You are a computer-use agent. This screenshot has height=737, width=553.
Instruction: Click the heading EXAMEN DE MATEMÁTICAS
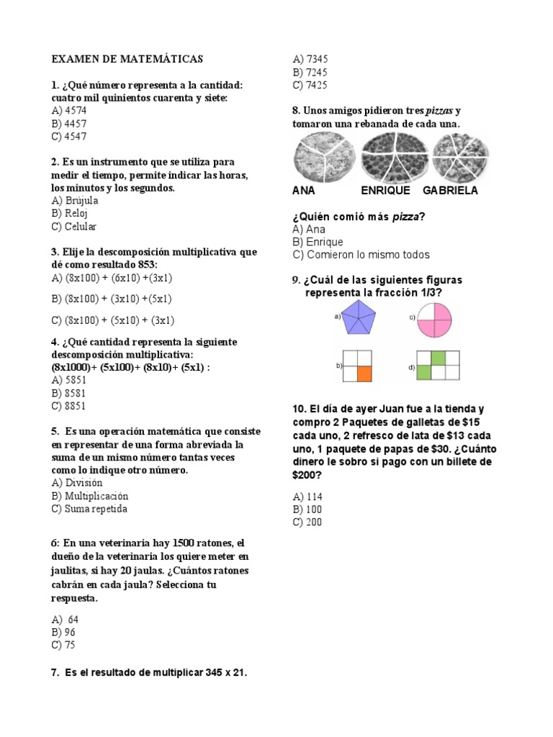127,59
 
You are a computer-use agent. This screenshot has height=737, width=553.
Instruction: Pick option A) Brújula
75,201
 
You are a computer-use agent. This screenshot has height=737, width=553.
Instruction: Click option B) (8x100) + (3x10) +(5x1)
112,299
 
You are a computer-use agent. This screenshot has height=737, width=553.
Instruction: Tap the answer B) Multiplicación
90,496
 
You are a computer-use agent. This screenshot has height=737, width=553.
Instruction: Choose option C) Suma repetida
89,509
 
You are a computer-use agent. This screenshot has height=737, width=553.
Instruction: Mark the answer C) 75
63,645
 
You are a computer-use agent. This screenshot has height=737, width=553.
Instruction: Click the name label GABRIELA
450,191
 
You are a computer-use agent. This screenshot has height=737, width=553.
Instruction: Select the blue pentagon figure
364,317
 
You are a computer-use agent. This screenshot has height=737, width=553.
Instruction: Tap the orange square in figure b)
364,373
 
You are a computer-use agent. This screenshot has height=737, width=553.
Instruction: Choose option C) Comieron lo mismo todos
361,255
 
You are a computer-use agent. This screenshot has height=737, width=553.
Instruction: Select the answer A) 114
307,497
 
